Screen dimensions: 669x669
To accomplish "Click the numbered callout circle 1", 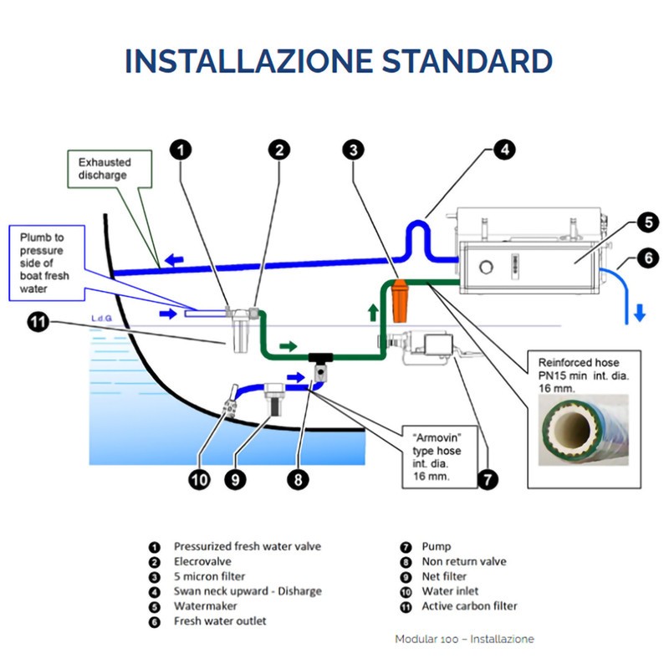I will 181,150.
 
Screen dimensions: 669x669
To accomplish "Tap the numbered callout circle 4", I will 503,150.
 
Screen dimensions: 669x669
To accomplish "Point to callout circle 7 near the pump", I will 487,479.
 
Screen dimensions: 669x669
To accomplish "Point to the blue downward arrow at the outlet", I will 638,314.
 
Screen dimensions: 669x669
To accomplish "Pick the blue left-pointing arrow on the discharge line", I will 174,260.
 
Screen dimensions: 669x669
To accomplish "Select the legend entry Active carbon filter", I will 469,606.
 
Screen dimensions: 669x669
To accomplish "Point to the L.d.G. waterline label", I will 102,318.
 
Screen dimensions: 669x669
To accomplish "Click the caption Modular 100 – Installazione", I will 463,639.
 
